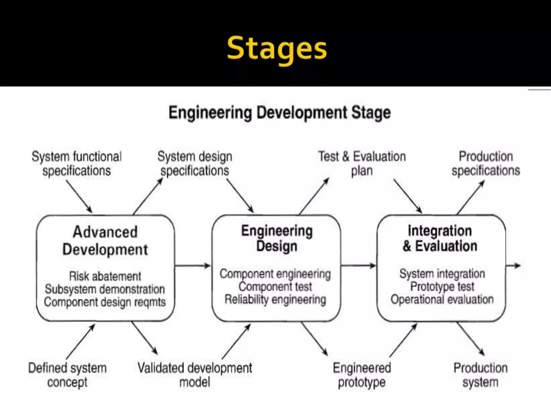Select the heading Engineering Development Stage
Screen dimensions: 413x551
(x=280, y=112)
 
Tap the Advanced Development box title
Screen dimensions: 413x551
(x=105, y=241)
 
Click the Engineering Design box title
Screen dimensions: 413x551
(x=277, y=238)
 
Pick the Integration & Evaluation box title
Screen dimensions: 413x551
(x=440, y=238)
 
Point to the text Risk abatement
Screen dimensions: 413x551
(x=105, y=276)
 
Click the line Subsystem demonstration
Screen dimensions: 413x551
(x=105, y=289)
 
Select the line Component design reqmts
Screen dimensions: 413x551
(x=105, y=302)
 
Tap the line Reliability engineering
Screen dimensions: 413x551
(x=275, y=300)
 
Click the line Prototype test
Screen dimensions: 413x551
(x=442, y=287)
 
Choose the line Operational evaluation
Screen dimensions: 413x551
(x=442, y=300)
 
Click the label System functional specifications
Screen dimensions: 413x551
(x=77, y=163)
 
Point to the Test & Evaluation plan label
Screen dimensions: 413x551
(x=362, y=163)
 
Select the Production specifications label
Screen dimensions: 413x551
(x=486, y=163)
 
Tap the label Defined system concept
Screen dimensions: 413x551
(x=68, y=375)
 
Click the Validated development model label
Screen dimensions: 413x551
(x=195, y=375)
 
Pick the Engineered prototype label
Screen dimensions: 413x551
(x=362, y=375)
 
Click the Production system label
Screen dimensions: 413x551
(x=481, y=375)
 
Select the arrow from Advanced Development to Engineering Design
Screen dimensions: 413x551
(x=193, y=266)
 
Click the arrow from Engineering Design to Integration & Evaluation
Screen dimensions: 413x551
(x=358, y=266)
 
